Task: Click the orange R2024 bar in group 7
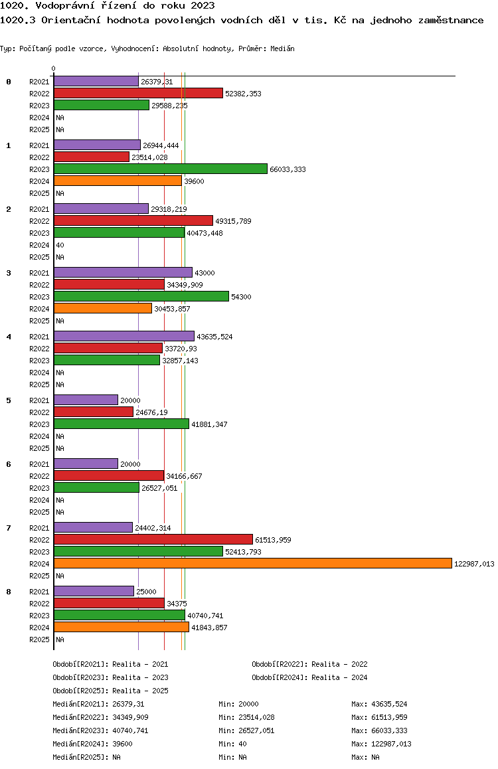coord(253,564)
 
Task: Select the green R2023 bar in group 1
coord(161,169)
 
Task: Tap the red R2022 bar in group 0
coord(138,93)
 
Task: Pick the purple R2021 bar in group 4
coord(124,337)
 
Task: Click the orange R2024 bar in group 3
coord(103,309)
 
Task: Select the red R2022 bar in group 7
coord(153,539)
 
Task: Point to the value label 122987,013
coord(474,564)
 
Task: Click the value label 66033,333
coord(288,170)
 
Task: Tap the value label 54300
coord(241,298)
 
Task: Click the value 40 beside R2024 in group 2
coord(60,245)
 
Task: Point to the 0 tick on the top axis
coord(53,68)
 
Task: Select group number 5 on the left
coord(9,400)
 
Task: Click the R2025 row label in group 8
coord(39,640)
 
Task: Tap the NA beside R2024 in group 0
coord(60,118)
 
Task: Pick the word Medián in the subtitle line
coord(282,48)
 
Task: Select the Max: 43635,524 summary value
coord(379,705)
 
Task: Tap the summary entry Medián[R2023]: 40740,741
coord(100,730)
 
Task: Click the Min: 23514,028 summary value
coord(246,717)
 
